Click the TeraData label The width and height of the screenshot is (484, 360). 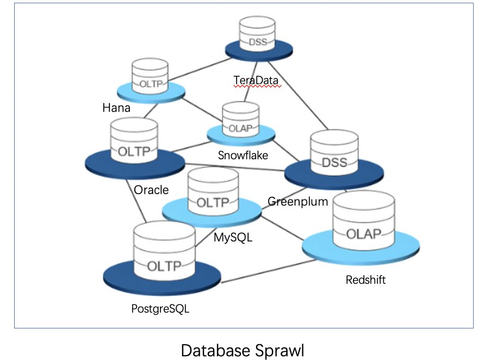coord(256,80)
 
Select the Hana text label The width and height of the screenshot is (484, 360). coord(116,108)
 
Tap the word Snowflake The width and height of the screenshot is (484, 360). coord(243,155)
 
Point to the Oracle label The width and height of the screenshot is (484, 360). coord(151,190)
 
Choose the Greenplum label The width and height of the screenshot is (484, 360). coord(297,201)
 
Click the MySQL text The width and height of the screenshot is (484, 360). coord(233,238)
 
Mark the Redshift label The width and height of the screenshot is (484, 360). coord(365,280)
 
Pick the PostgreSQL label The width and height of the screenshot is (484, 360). coord(160,309)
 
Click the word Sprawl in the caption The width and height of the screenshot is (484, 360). coord(275,349)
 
